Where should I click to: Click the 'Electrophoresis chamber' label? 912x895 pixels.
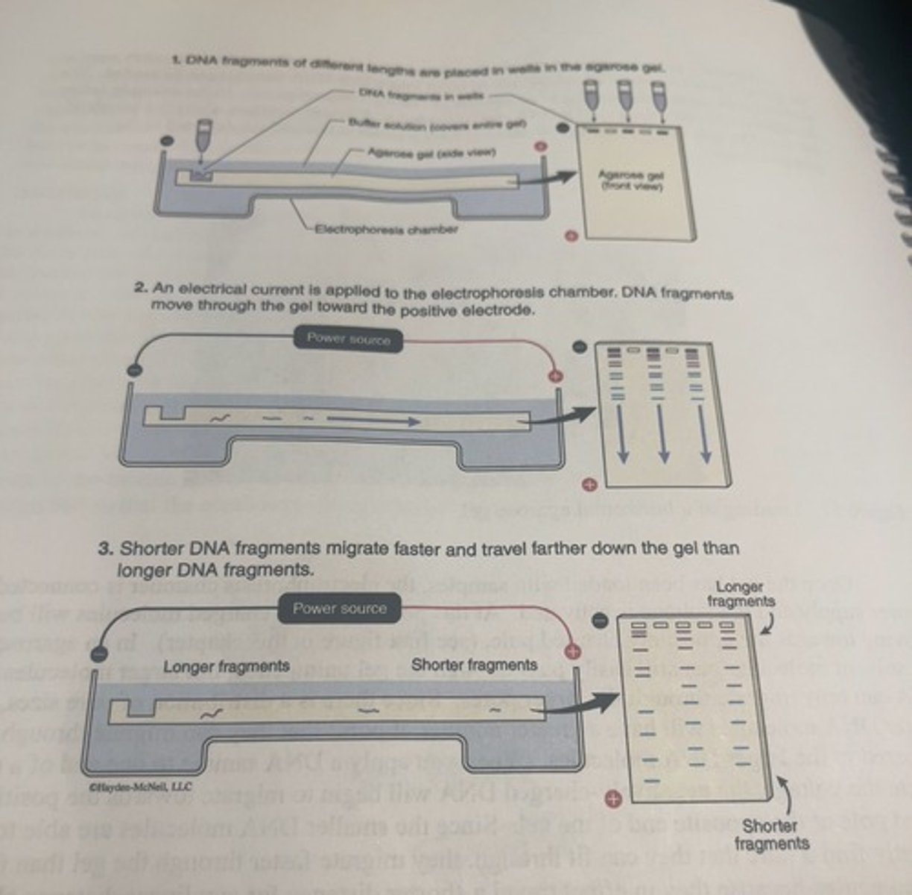coord(386,229)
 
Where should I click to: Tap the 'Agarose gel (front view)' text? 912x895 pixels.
coord(630,180)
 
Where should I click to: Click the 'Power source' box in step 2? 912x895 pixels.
coord(349,339)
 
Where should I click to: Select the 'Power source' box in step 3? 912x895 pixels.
coord(339,609)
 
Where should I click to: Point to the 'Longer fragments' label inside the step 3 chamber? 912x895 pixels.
coord(226,666)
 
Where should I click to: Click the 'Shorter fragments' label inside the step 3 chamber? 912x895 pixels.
coord(474,665)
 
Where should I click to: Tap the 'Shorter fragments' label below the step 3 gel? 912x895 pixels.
coord(770,835)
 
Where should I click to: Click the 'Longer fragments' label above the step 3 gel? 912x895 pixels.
coord(740,594)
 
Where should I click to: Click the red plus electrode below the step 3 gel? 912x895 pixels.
coord(613,800)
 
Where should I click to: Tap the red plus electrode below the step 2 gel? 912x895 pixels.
coord(589,485)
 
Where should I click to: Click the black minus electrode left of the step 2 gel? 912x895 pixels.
coord(580,348)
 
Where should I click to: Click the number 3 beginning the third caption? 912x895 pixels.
coord(105,549)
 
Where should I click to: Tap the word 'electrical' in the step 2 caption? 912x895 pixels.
coord(209,288)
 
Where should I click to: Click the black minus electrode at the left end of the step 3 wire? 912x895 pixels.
coord(98,654)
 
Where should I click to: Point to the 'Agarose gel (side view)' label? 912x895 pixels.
coord(431,152)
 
